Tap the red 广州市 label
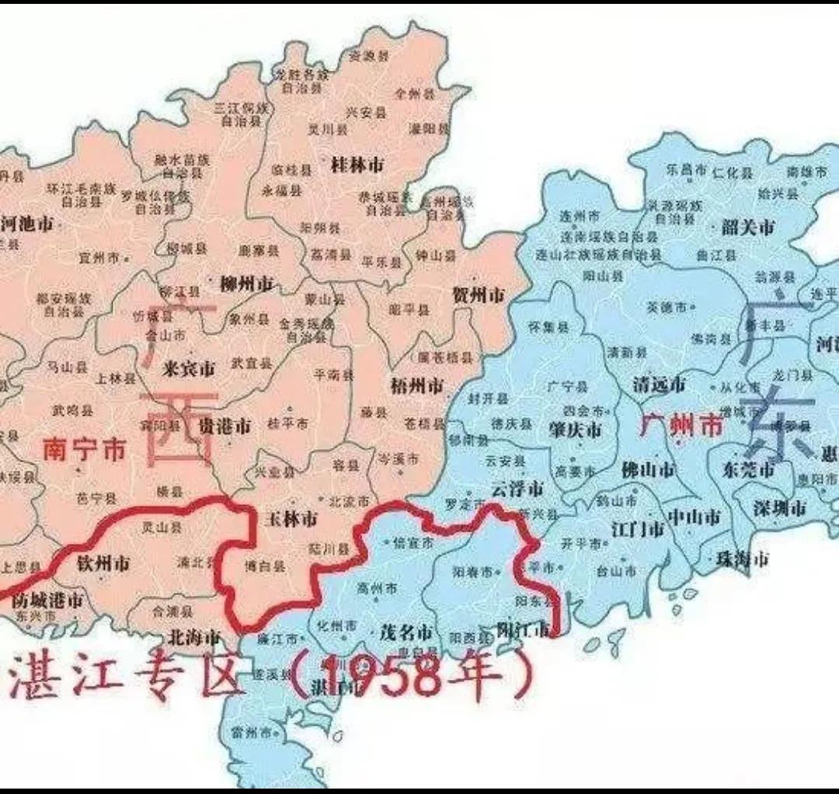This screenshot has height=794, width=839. (x=681, y=424)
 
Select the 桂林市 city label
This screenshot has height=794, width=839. (x=357, y=165)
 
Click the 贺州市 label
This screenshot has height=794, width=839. (x=478, y=295)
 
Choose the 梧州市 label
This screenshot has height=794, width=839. (x=416, y=386)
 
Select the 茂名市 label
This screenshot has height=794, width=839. (x=405, y=632)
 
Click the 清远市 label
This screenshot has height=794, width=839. (x=659, y=384)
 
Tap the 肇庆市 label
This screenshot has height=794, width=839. (x=575, y=430)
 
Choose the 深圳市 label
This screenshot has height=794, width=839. (x=779, y=508)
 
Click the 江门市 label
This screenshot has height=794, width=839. (x=637, y=530)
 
